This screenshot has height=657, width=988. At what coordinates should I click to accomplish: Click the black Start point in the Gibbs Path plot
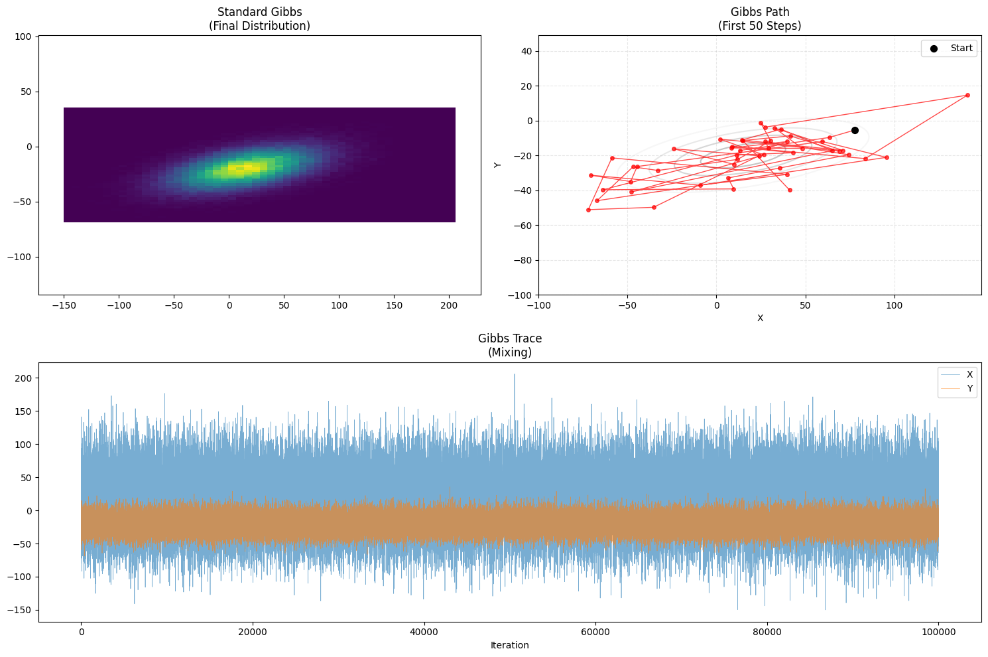tap(855, 130)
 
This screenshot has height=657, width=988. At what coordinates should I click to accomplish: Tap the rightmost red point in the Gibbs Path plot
tap(967, 95)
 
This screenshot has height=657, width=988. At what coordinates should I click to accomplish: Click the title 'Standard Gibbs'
tap(259, 12)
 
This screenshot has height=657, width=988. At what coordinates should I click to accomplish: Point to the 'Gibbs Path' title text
tap(760, 12)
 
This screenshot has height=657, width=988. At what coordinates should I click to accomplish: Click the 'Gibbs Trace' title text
tap(509, 338)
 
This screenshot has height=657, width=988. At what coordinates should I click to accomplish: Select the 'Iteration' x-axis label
tap(509, 645)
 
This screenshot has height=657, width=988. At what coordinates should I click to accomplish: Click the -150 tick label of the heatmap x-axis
tap(64, 306)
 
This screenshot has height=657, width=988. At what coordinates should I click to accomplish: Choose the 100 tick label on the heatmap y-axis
tap(24, 37)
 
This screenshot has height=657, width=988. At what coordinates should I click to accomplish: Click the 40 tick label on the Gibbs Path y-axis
tap(526, 51)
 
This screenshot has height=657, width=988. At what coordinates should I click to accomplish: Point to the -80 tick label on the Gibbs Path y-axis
tap(523, 260)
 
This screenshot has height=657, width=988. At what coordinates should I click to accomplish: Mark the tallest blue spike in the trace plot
tap(514, 375)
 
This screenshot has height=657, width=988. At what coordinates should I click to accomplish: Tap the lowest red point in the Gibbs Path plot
tap(588, 210)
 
